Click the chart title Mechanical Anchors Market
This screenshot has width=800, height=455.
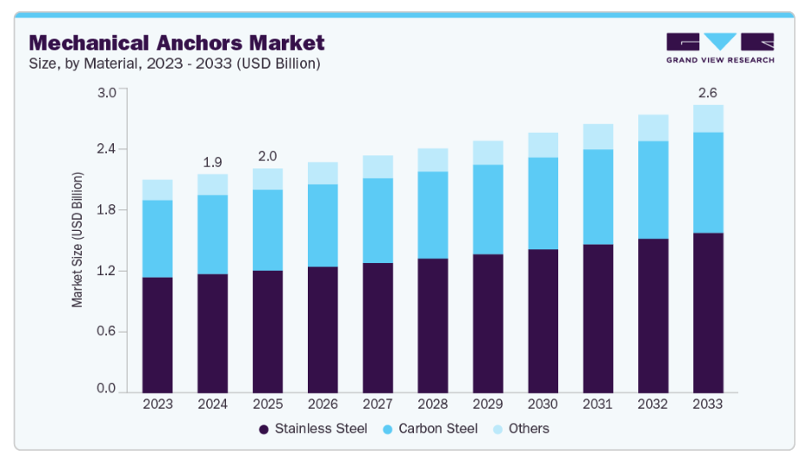177,43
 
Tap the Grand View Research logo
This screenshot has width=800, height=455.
719,48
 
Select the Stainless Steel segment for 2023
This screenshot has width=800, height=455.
157,334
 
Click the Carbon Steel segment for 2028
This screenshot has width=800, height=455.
433,214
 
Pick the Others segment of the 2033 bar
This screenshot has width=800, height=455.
708,118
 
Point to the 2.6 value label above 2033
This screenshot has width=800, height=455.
708,93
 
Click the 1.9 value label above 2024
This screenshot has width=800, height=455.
212,162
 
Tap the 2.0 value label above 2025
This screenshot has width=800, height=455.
267,156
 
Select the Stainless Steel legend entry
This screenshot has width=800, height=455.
313,428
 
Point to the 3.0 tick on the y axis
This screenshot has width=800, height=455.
106,93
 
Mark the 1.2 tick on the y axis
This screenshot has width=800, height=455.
106,271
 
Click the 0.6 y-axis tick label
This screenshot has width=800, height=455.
106,332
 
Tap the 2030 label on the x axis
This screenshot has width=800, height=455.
543,405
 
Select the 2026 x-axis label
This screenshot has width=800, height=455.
323,405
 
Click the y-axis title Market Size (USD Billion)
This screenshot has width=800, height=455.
77,240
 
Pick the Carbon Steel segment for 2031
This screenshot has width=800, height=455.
597,197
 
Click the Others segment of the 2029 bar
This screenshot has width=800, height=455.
488,153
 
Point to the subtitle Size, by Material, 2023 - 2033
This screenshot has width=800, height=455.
175,63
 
